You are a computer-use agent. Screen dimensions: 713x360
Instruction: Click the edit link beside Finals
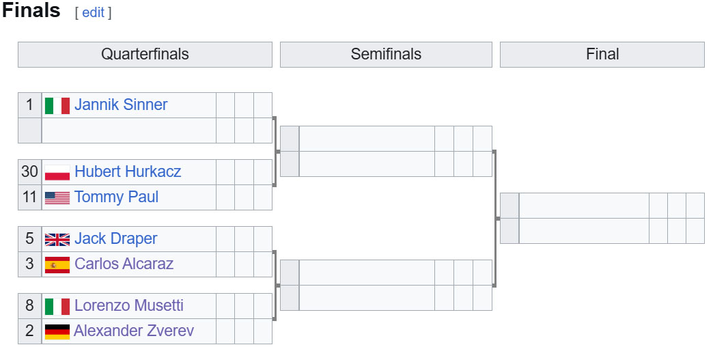[x=93, y=12]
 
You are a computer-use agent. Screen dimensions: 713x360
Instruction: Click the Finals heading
[x=31, y=10]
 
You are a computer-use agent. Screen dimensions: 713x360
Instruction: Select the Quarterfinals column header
[x=145, y=54]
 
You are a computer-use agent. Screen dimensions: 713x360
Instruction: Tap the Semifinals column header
[x=386, y=54]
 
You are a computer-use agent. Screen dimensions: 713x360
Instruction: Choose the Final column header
[x=602, y=54]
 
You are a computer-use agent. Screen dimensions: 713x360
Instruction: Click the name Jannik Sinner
[x=121, y=105]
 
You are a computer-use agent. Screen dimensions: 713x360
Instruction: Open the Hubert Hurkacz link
[x=128, y=171]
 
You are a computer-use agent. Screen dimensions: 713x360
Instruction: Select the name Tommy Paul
[x=116, y=197]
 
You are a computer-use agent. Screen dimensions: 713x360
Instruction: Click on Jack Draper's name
[x=116, y=238]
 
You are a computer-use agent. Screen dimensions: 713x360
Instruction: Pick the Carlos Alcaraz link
[x=124, y=264]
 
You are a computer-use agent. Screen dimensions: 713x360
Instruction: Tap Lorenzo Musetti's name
[x=129, y=305]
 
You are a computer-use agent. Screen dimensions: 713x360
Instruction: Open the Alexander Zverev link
[x=134, y=331]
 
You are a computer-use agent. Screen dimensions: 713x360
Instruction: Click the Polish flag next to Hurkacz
[x=57, y=173]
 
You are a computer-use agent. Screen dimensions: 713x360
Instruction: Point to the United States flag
[x=57, y=197]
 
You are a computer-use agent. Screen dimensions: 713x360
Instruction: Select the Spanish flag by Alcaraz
[x=57, y=265]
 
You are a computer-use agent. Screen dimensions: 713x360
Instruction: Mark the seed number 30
[x=29, y=171]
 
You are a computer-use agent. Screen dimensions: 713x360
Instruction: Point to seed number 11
[x=29, y=197]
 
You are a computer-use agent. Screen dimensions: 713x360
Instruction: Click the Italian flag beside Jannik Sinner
[x=57, y=106]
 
